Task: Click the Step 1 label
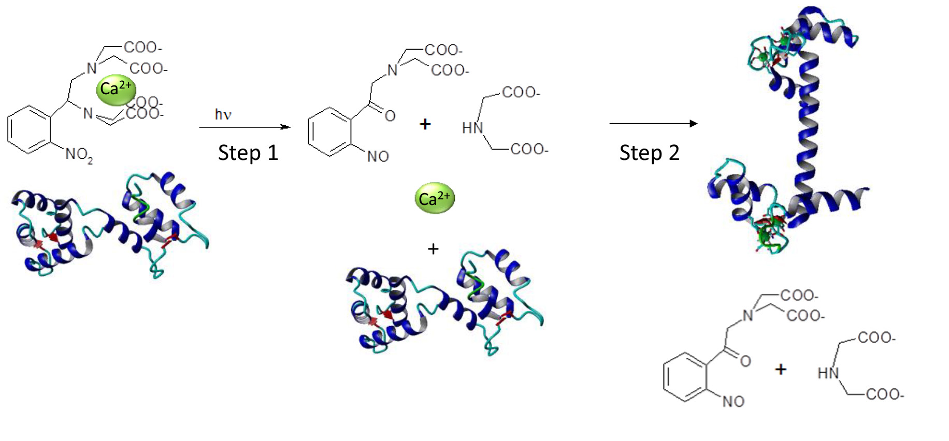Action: tap(248, 153)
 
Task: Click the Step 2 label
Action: tap(649, 153)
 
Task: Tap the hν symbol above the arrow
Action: tap(223, 114)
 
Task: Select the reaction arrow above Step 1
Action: tap(245, 127)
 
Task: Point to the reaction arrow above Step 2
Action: tap(653, 124)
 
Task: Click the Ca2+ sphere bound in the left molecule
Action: tap(116, 89)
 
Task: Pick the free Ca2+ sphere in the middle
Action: tap(435, 198)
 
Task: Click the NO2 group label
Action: tap(79, 154)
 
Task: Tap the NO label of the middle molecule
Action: tap(378, 156)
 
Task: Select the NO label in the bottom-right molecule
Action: tap(733, 402)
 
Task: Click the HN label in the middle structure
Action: tap(472, 128)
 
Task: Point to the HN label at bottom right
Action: tap(828, 373)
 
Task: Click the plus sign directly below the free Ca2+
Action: tap(433, 249)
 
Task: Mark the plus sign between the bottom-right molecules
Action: tap(781, 370)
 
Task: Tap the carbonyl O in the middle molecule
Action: tap(390, 116)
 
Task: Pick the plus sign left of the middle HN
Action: tap(425, 124)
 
